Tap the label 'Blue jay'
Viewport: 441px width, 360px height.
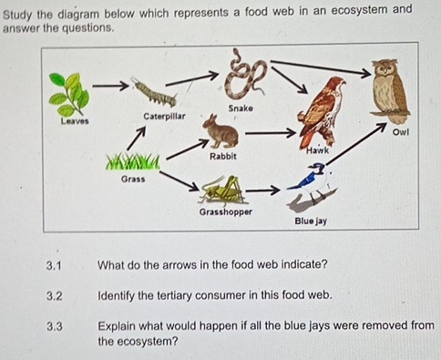point(310,221)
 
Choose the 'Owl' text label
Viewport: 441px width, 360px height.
point(398,133)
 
